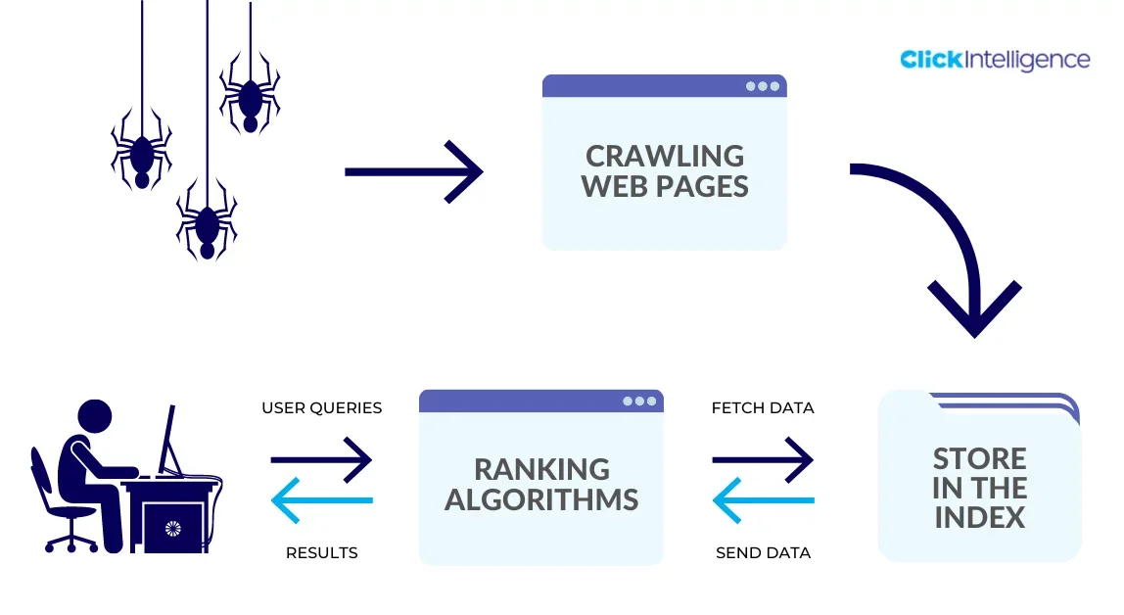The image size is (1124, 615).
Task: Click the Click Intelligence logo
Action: pos(995,60)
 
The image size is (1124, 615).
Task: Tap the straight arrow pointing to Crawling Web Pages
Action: pos(414,172)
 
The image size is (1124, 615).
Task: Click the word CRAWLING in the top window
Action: pos(665,157)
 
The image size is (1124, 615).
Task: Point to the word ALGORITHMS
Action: pos(541,499)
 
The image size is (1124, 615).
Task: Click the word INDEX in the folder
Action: pos(980,517)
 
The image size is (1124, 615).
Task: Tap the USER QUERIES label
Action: pos(322,407)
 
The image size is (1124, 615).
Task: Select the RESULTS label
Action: pos(322,552)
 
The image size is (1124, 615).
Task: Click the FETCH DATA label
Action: pos(763,407)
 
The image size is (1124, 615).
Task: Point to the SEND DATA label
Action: pos(764,552)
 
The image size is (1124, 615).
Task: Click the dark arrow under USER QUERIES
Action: pos(321,459)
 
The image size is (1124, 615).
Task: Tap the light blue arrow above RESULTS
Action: pos(322,499)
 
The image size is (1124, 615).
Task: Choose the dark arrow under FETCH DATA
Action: pos(763,459)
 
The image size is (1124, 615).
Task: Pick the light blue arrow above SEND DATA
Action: pos(764,499)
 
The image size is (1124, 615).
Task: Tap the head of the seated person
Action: pos(95,416)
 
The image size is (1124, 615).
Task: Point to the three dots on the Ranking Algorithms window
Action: pos(639,402)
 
